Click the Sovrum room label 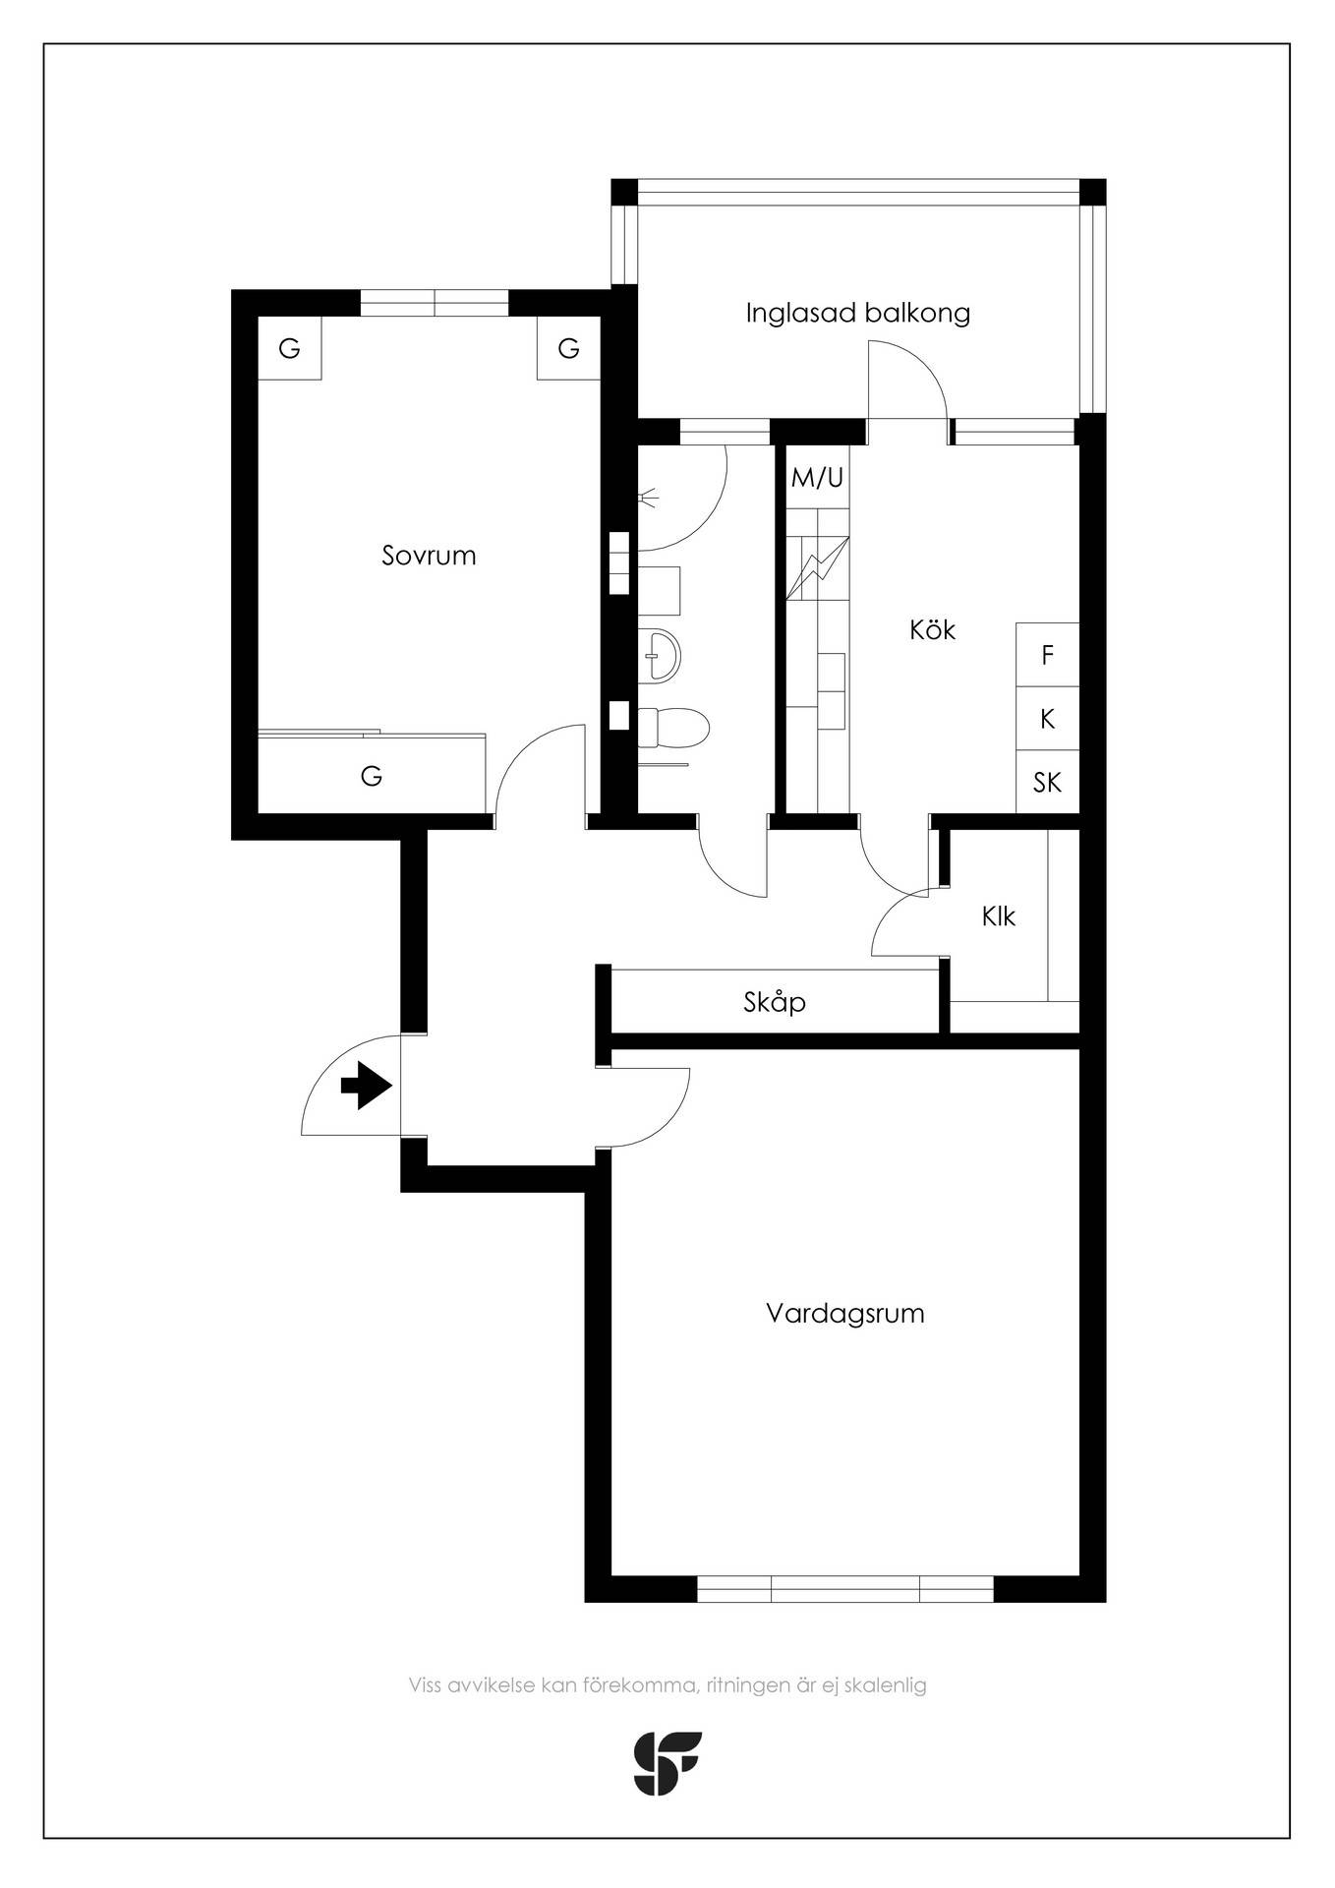[429, 556]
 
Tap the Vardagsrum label [845, 1315]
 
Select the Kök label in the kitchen [932, 629]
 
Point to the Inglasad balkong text [857, 314]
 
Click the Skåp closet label [775, 1002]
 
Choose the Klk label [998, 916]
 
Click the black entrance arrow [367, 1086]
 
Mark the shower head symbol [647, 500]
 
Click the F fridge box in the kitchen [1047, 655]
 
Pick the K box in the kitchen [1047, 719]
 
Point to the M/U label [818, 478]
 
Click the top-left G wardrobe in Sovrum [289, 348]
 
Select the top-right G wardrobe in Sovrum [568, 348]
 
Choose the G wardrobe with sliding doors [372, 775]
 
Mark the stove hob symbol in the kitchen [817, 567]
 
